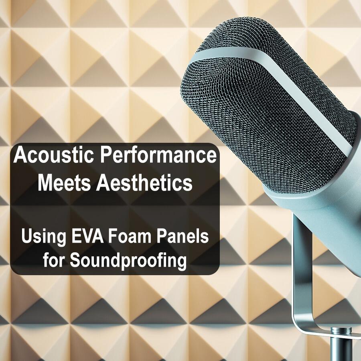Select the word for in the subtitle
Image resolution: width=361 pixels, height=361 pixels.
coord(55,261)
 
